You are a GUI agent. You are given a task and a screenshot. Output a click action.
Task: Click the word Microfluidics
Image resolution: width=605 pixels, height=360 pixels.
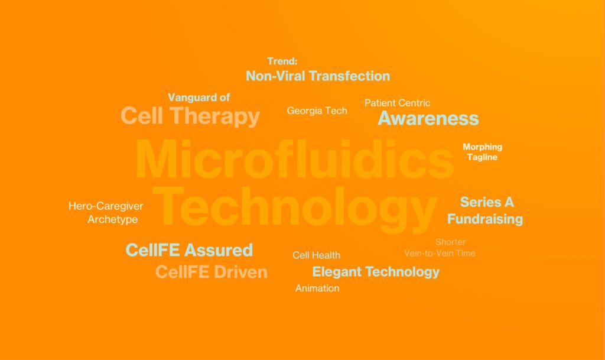pos(295,160)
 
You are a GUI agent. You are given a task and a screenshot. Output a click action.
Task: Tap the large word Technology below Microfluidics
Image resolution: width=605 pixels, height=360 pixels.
pos(295,208)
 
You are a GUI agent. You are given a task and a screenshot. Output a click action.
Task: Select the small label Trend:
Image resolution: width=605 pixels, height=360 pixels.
pos(282,61)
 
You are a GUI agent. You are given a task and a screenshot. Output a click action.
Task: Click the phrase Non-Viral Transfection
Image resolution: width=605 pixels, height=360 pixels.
pos(318,76)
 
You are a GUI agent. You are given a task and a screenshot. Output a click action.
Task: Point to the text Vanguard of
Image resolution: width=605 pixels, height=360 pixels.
pos(199,97)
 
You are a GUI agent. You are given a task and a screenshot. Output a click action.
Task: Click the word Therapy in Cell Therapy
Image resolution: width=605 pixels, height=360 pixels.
pos(214,116)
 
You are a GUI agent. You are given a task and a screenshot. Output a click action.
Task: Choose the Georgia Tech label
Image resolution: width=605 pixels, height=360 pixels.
pos(317,111)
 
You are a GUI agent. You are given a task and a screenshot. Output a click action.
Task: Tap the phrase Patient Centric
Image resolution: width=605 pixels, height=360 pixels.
pos(398,103)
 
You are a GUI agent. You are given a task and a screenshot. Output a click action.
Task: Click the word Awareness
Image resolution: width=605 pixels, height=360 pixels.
pos(428,118)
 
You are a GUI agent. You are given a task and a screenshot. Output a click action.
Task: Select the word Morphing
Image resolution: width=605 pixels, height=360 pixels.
pos(482,147)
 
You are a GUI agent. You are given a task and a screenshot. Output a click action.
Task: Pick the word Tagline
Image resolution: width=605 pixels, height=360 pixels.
pos(482,157)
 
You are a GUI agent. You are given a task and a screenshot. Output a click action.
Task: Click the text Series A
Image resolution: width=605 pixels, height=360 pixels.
pos(487,202)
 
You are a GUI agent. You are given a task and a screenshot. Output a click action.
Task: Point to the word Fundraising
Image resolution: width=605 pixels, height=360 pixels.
pos(485,219)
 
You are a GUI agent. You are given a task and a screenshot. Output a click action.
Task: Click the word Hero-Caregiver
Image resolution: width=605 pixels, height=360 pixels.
pos(106,206)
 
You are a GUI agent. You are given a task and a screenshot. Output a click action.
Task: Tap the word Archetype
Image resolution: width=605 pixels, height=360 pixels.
pos(113,219)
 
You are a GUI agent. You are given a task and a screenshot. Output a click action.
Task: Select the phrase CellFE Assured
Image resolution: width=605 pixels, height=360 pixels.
pos(189,250)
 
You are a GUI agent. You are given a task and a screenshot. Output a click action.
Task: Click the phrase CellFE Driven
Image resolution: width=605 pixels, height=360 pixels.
pos(212,272)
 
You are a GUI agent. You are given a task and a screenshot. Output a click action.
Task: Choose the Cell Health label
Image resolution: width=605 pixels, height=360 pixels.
pos(317,255)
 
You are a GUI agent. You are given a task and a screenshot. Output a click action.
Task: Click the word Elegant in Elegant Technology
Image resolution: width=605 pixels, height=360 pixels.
pos(337,272)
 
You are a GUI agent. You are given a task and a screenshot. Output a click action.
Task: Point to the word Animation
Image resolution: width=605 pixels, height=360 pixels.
pos(317,288)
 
